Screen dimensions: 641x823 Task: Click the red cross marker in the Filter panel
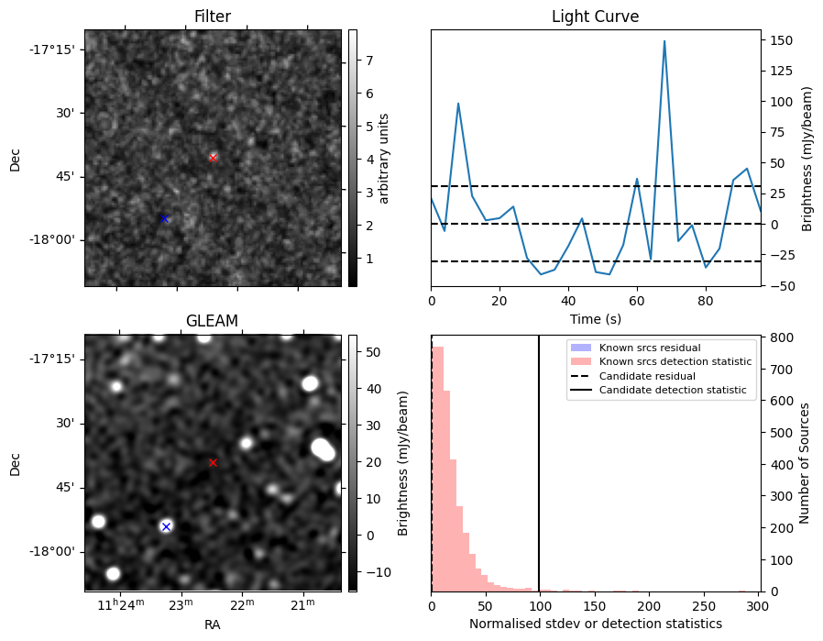click(213, 158)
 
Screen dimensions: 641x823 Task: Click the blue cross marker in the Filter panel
click(164, 218)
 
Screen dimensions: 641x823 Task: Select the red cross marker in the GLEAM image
click(213, 463)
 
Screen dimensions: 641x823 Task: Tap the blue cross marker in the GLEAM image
click(166, 526)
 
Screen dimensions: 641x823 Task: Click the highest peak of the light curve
click(664, 41)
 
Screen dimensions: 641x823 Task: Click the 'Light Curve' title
click(595, 17)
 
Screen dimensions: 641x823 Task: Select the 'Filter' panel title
click(213, 17)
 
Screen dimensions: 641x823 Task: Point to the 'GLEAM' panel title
click(213, 321)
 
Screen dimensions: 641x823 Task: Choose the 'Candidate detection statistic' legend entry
click(672, 391)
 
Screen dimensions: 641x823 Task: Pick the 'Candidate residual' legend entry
click(647, 376)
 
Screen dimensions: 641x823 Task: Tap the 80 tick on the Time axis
click(706, 300)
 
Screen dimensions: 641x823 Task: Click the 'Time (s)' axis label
click(595, 317)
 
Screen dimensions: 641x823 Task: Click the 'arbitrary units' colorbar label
click(384, 158)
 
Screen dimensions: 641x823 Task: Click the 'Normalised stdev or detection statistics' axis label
click(595, 624)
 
